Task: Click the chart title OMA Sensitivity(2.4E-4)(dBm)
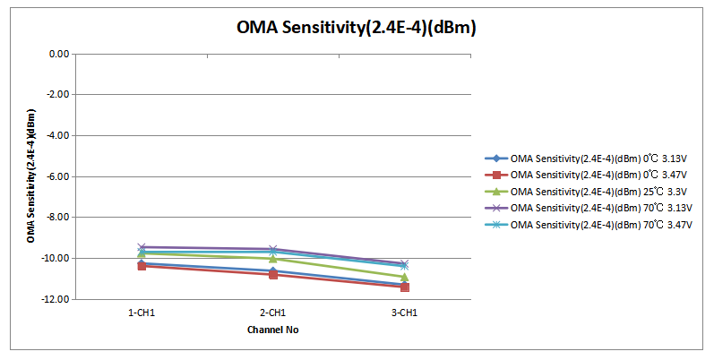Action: pos(356,28)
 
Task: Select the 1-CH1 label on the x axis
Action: pos(142,313)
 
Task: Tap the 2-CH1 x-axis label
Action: pos(272,313)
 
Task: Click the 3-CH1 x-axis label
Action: pos(404,313)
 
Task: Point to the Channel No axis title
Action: pos(272,330)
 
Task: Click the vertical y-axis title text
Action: pos(31,176)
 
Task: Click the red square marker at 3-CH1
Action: pos(405,287)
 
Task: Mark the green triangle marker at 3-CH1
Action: pos(405,278)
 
